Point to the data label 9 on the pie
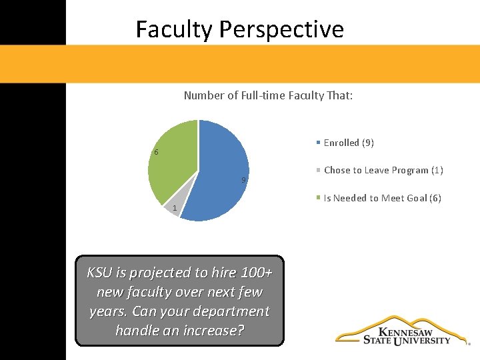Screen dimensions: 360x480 (244, 180)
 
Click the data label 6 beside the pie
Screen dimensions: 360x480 (156, 153)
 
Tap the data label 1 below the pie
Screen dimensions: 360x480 (174, 209)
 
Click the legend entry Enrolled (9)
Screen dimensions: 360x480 (348, 143)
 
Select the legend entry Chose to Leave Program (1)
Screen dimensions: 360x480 (383, 170)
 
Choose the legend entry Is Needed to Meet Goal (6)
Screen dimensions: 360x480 (382, 198)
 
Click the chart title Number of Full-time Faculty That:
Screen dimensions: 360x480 (268, 96)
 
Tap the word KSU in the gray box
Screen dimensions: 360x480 (99, 273)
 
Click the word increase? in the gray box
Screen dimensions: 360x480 (210, 330)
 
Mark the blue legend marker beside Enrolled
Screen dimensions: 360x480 (319, 143)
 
